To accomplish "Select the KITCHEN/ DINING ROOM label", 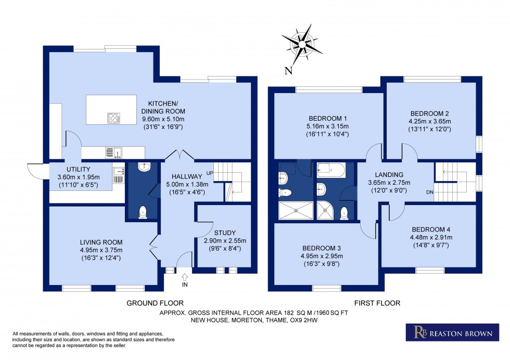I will pos(163,107).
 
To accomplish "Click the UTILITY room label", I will pos(79,169).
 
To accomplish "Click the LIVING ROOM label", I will pos(101,242).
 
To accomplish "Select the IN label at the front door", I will pos(185,285).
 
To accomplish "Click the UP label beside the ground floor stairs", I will pos(210,173).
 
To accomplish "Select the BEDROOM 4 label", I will pos(429,229).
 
